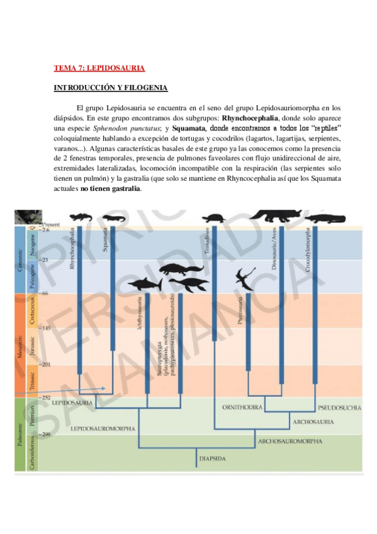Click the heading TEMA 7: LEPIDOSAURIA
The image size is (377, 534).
99,68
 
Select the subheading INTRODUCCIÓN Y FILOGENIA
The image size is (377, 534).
110,88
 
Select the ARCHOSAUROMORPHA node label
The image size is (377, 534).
290,441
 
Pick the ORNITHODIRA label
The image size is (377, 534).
242,407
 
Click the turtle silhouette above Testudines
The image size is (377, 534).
213,218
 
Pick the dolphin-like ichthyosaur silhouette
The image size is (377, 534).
145,285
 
